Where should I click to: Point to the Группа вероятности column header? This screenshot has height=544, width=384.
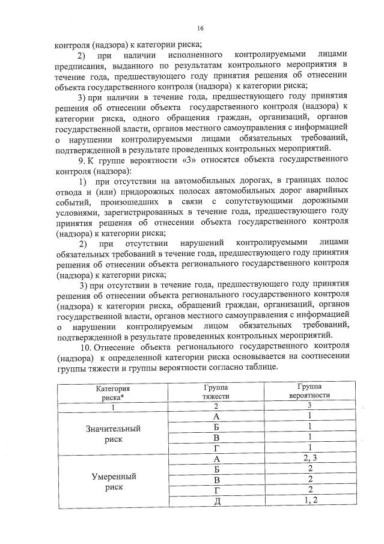pyautogui.click(x=308, y=393)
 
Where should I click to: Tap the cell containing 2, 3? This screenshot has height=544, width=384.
pyautogui.click(x=308, y=459)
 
